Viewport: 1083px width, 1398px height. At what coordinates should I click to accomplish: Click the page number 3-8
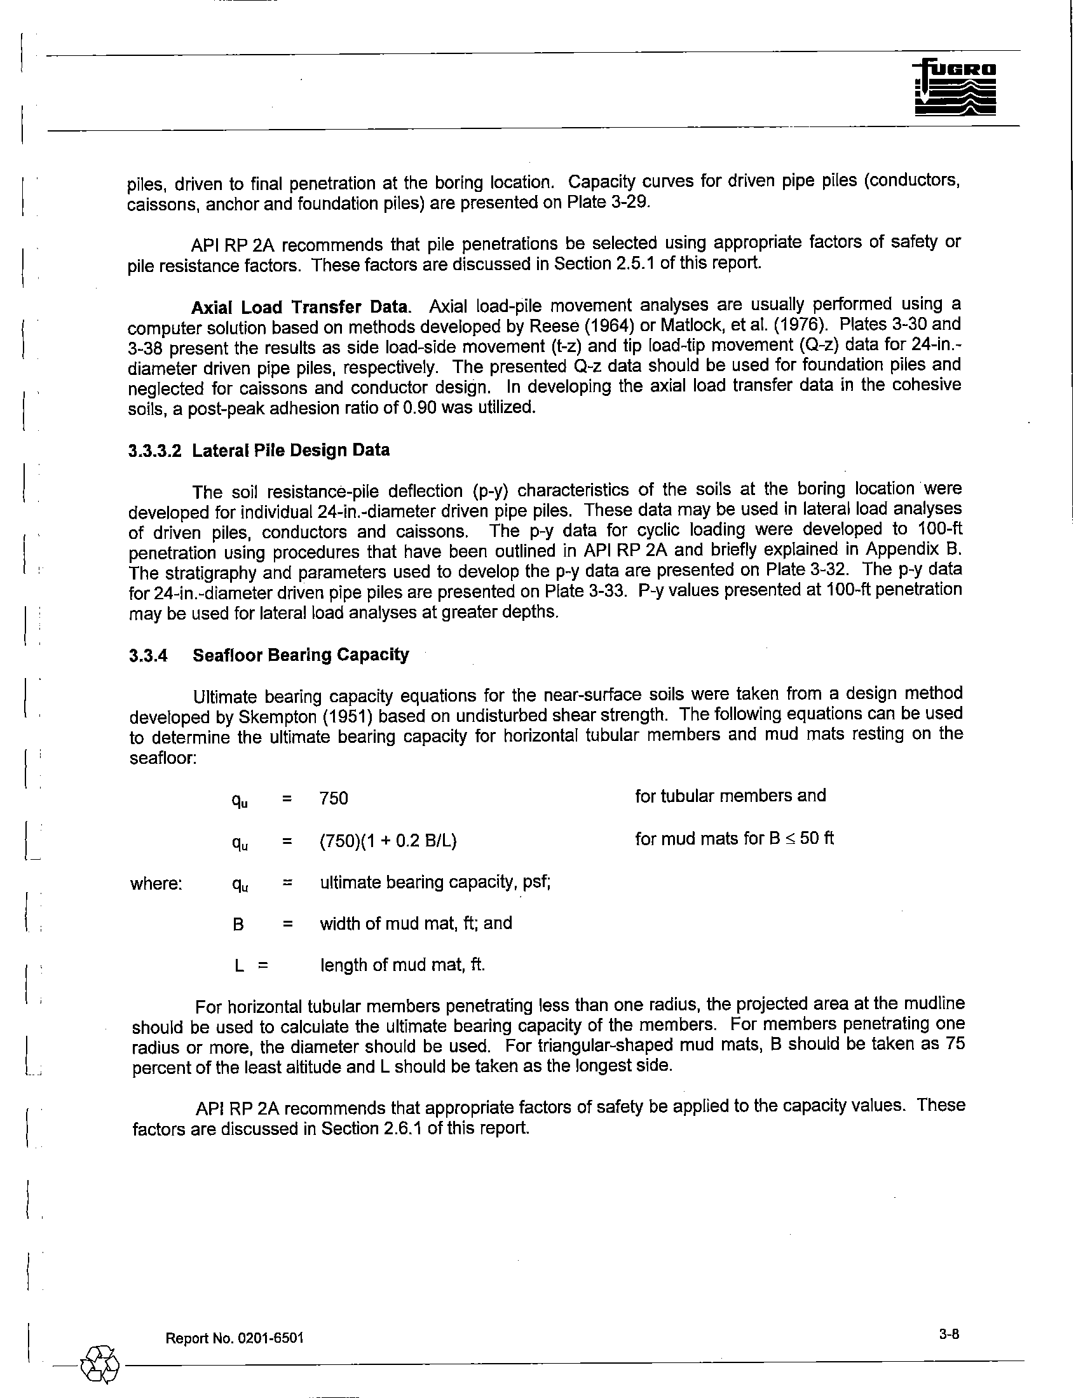[950, 1334]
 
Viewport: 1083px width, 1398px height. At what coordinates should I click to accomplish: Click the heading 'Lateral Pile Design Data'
[290, 451]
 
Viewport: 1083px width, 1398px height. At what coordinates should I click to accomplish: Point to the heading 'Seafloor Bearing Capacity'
[301, 656]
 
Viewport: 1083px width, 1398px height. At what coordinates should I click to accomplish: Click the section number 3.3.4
[148, 656]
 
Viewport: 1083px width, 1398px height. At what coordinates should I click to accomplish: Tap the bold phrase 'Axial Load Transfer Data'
[299, 308]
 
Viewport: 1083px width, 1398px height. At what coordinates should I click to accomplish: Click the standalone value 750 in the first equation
[334, 798]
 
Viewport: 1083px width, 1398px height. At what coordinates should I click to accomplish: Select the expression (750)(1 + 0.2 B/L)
[388, 841]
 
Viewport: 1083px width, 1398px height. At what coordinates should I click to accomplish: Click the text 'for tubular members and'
[730, 796]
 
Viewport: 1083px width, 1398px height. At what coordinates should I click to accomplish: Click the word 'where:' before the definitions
[156, 884]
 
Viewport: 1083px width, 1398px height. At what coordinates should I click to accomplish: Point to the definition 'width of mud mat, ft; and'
[416, 923]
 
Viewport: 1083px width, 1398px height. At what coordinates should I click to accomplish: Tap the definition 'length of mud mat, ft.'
[402, 965]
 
